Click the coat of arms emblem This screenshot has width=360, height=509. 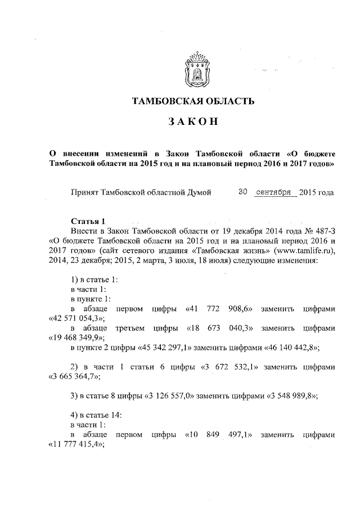[x=197, y=70]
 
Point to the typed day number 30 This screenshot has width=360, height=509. [x=243, y=192]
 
